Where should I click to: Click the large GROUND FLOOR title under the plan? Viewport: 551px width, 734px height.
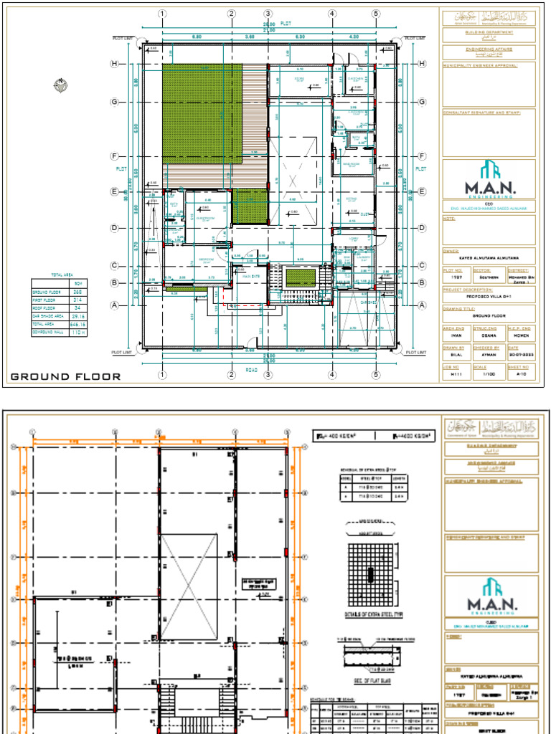point(65,376)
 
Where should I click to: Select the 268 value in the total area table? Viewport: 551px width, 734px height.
point(77,292)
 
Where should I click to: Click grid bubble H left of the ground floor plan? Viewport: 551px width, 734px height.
point(113,64)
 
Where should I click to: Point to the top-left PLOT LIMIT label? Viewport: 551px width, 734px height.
point(123,38)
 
